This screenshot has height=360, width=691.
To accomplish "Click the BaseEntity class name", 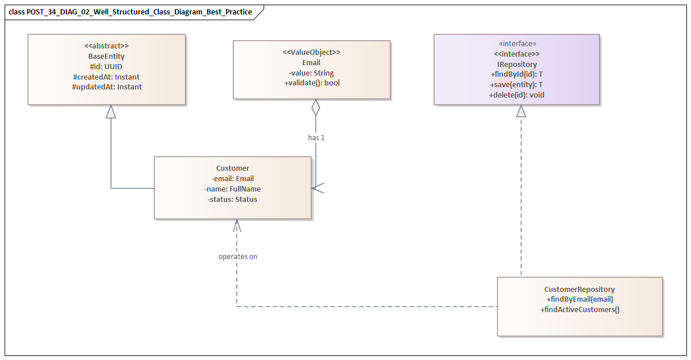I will click(106, 57).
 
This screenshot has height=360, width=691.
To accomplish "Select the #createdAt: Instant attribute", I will click(106, 77).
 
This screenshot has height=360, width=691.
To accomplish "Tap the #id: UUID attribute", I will click(106, 67).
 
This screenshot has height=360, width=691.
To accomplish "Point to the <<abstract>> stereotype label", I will click(106, 46).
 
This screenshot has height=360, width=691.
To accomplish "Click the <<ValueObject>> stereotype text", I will click(311, 52).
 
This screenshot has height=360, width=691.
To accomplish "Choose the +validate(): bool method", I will click(311, 83).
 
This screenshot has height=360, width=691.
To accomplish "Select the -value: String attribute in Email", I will click(311, 73).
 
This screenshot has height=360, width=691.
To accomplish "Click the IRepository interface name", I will click(517, 65).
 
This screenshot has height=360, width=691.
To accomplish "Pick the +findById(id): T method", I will click(517, 74).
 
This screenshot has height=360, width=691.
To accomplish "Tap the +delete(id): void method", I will click(517, 95).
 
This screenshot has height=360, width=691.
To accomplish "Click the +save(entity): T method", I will click(517, 85).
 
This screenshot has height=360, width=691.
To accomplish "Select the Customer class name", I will click(232, 168).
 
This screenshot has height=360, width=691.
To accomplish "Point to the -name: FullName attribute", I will click(232, 189).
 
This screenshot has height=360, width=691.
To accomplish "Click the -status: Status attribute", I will click(232, 199).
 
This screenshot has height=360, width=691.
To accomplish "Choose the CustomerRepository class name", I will click(579, 289).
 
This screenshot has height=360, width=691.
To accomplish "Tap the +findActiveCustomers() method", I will click(579, 310).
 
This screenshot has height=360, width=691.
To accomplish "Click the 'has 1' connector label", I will click(316, 138).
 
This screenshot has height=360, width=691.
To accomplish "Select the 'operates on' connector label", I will click(238, 256).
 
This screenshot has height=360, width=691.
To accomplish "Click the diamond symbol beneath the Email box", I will click(316, 107).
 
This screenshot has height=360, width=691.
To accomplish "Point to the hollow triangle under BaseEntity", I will click(111, 111).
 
